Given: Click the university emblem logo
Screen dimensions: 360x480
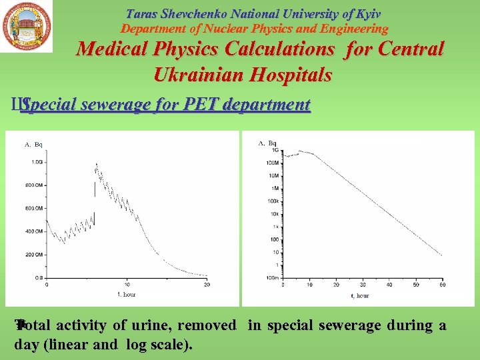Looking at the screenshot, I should pyautogui.click(x=27, y=27).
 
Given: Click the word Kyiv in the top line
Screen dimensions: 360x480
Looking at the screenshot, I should pyautogui.click(x=366, y=14).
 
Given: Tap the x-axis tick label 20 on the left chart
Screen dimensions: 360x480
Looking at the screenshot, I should pyautogui.click(x=207, y=285).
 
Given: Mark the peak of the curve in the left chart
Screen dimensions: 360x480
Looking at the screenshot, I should pyautogui.click(x=97, y=163).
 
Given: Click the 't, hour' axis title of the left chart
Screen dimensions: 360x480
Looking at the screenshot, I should pyautogui.click(x=127, y=293).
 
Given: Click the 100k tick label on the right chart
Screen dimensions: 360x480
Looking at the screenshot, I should pyautogui.click(x=272, y=201).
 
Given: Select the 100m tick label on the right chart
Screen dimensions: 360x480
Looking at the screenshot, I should pyautogui.click(x=271, y=277).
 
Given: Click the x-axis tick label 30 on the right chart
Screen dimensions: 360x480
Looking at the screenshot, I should pyautogui.click(x=363, y=285).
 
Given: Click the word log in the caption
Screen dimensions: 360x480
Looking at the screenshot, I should pyautogui.click(x=127, y=344).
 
